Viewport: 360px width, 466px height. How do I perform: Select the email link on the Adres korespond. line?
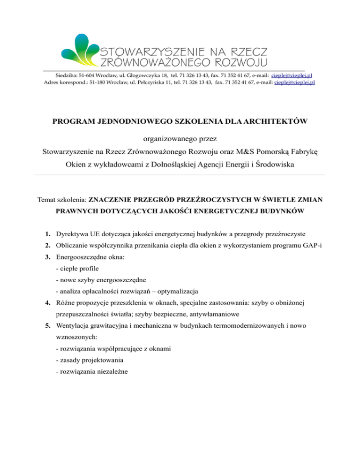(294, 82)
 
